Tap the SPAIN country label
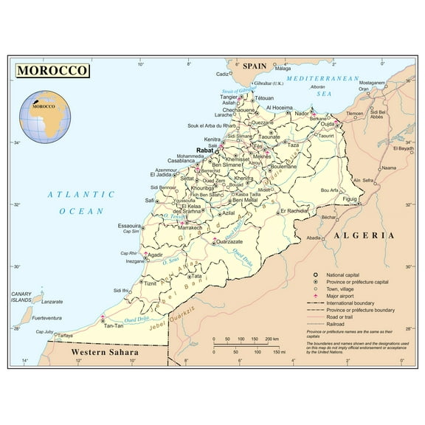coord(255,66)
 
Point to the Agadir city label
coord(155,255)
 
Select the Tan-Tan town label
coord(114,325)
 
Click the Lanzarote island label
coord(52,302)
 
